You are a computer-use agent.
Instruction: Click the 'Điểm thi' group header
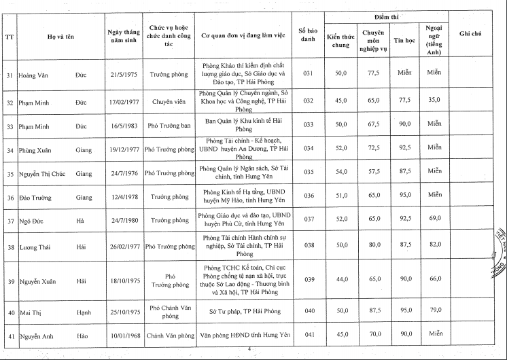click(x=386, y=15)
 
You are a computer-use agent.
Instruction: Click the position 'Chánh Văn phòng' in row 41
click(x=171, y=334)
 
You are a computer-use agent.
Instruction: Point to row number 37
click(x=10, y=221)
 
